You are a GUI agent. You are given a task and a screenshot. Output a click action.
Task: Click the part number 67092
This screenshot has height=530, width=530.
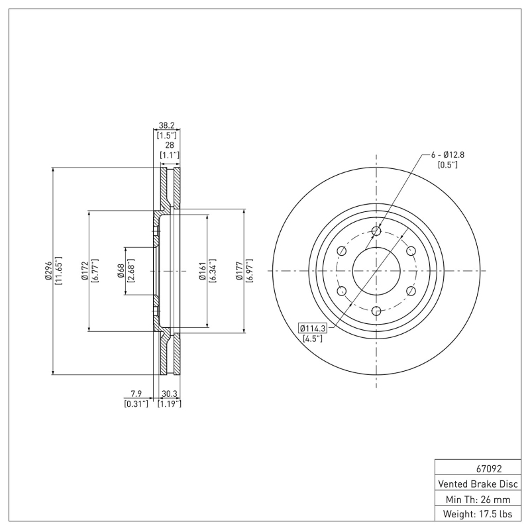(477, 468)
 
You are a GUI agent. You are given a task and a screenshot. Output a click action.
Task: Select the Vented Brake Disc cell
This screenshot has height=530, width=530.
(477, 484)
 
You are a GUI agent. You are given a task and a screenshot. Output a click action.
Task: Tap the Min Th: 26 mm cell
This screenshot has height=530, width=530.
(477, 499)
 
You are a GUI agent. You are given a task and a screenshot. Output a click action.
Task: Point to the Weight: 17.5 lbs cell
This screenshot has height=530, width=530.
(477, 514)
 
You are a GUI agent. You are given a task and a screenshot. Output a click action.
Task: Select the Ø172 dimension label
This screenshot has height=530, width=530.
(85, 271)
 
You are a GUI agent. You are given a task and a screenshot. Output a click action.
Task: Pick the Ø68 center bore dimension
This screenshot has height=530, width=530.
(121, 271)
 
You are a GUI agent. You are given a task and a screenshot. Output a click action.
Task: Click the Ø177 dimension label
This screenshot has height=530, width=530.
(239, 271)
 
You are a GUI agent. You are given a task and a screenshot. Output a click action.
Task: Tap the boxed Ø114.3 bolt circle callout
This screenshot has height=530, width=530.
(311, 328)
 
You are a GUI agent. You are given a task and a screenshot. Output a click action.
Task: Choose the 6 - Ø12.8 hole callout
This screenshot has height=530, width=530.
(448, 154)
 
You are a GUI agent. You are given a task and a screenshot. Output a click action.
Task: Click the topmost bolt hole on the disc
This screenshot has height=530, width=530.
(376, 231)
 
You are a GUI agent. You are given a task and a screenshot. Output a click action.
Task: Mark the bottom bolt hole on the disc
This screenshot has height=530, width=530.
(376, 311)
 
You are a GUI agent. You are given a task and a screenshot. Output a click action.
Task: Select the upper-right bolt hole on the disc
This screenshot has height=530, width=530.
(411, 250)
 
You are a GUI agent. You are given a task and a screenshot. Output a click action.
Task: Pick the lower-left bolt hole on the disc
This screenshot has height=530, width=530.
(342, 291)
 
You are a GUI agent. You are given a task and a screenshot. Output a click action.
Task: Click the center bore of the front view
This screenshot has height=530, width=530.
(376, 271)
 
